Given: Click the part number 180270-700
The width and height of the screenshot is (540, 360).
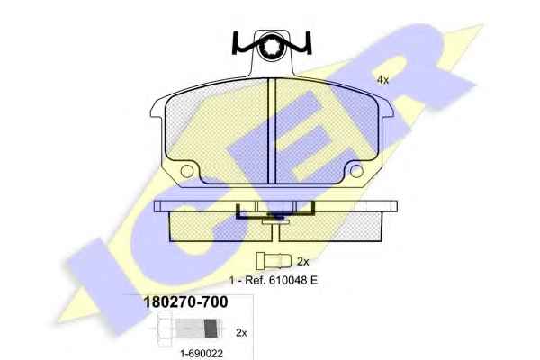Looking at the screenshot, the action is point(185,302).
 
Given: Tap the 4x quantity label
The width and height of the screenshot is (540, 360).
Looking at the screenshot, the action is point(382,80).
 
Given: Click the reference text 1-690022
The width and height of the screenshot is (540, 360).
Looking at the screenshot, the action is point(202,353).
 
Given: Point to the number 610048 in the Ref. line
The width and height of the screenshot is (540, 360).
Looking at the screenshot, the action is point(288,280).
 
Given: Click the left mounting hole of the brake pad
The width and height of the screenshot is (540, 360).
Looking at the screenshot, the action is point(187,171).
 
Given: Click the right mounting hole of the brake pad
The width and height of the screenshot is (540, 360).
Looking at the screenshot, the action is point(356,171).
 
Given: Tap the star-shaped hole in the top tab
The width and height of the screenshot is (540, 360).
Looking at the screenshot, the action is point(272,46).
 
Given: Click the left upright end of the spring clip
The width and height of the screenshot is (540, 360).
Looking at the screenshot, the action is point(235,42).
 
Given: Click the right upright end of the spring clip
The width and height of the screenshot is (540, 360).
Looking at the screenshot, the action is point(309,42).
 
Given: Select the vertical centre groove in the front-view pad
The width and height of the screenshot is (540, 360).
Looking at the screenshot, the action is point(272,130).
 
